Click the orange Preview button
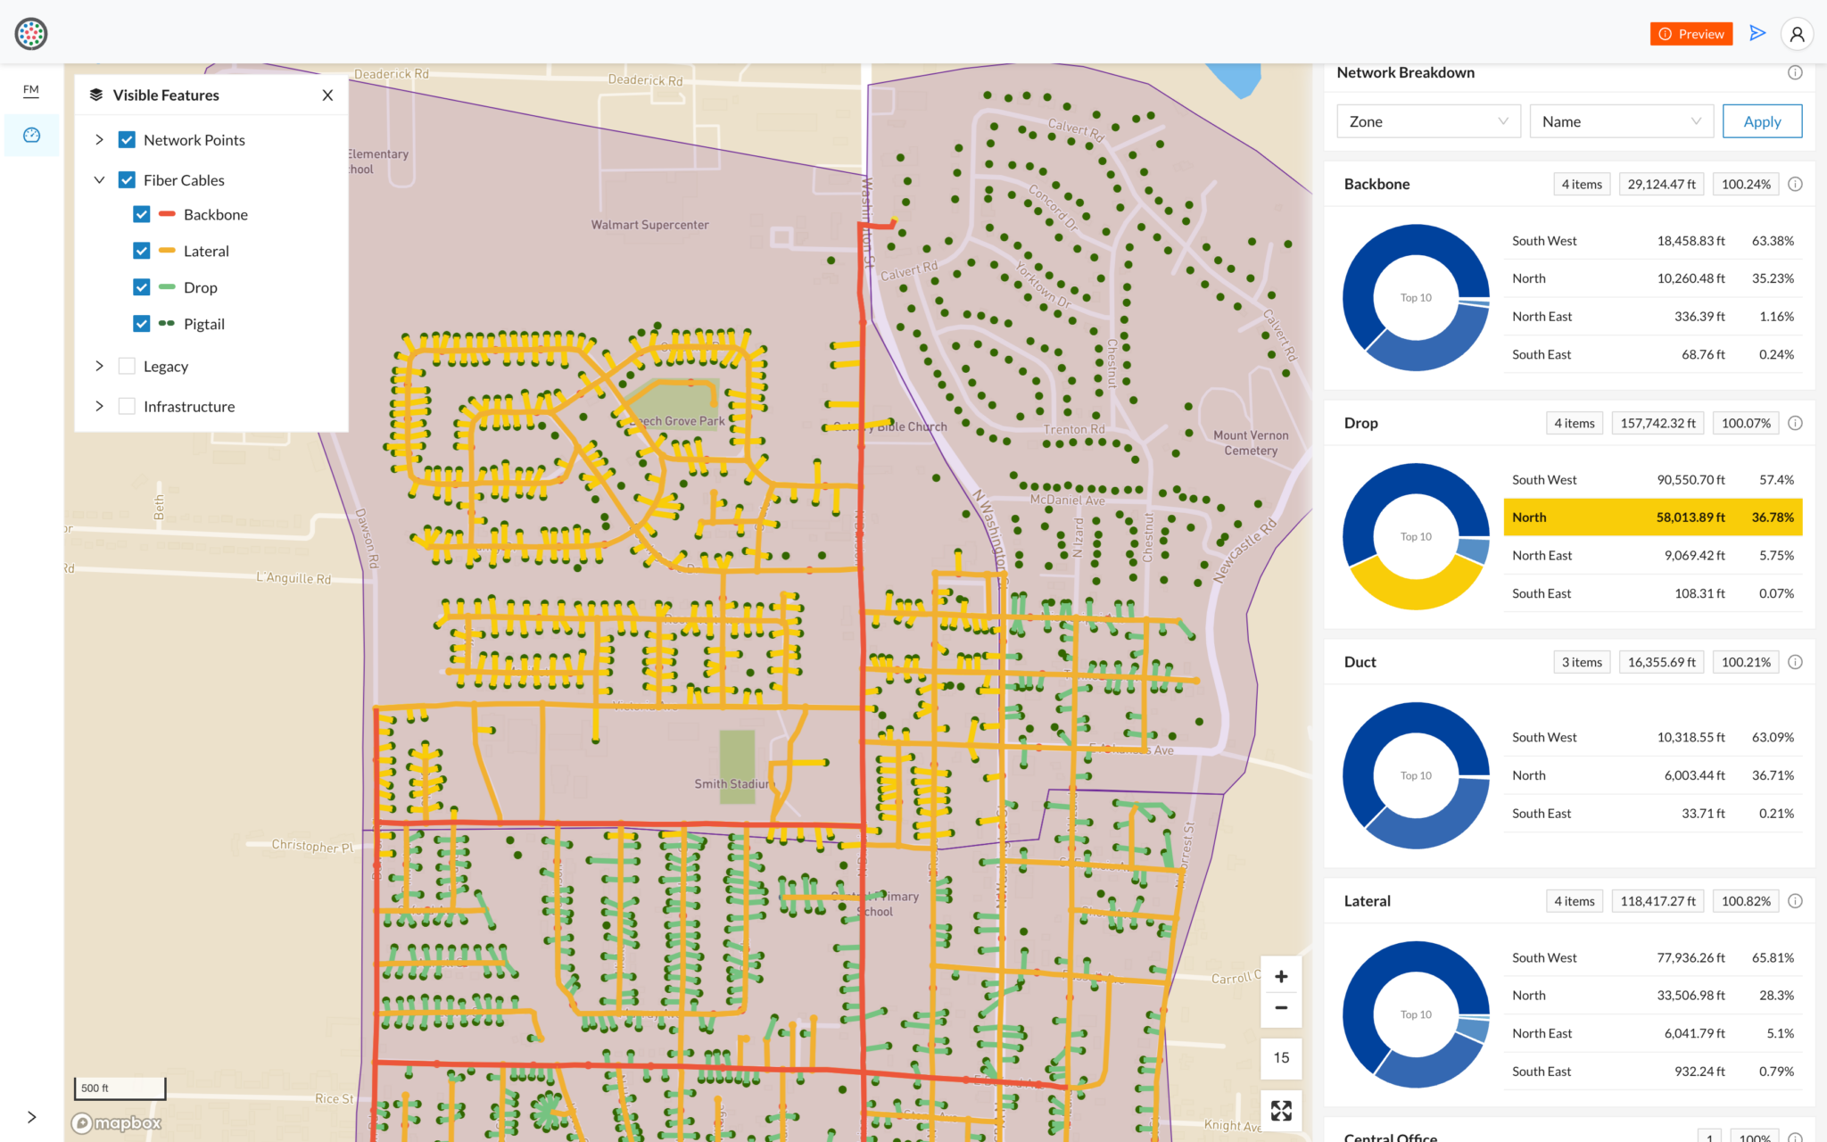[x=1691, y=34]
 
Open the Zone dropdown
[x=1427, y=121]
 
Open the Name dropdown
[x=1621, y=121]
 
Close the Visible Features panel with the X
[x=327, y=95]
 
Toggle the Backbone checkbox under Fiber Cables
[x=142, y=215]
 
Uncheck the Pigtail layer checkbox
[x=142, y=324]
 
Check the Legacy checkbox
[x=128, y=367]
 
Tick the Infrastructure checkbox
[x=128, y=407]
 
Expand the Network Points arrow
[x=99, y=140]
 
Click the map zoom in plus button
[x=1281, y=977]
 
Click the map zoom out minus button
[x=1281, y=1008]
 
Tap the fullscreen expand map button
[x=1281, y=1111]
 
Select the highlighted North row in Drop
[x=1652, y=517]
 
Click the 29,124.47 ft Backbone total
[x=1661, y=185]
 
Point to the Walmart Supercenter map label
[x=649, y=225]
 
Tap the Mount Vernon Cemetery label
[x=1251, y=443]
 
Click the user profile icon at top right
[x=1797, y=34]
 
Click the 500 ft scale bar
[x=120, y=1088]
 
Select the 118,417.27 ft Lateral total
[x=1658, y=901]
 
